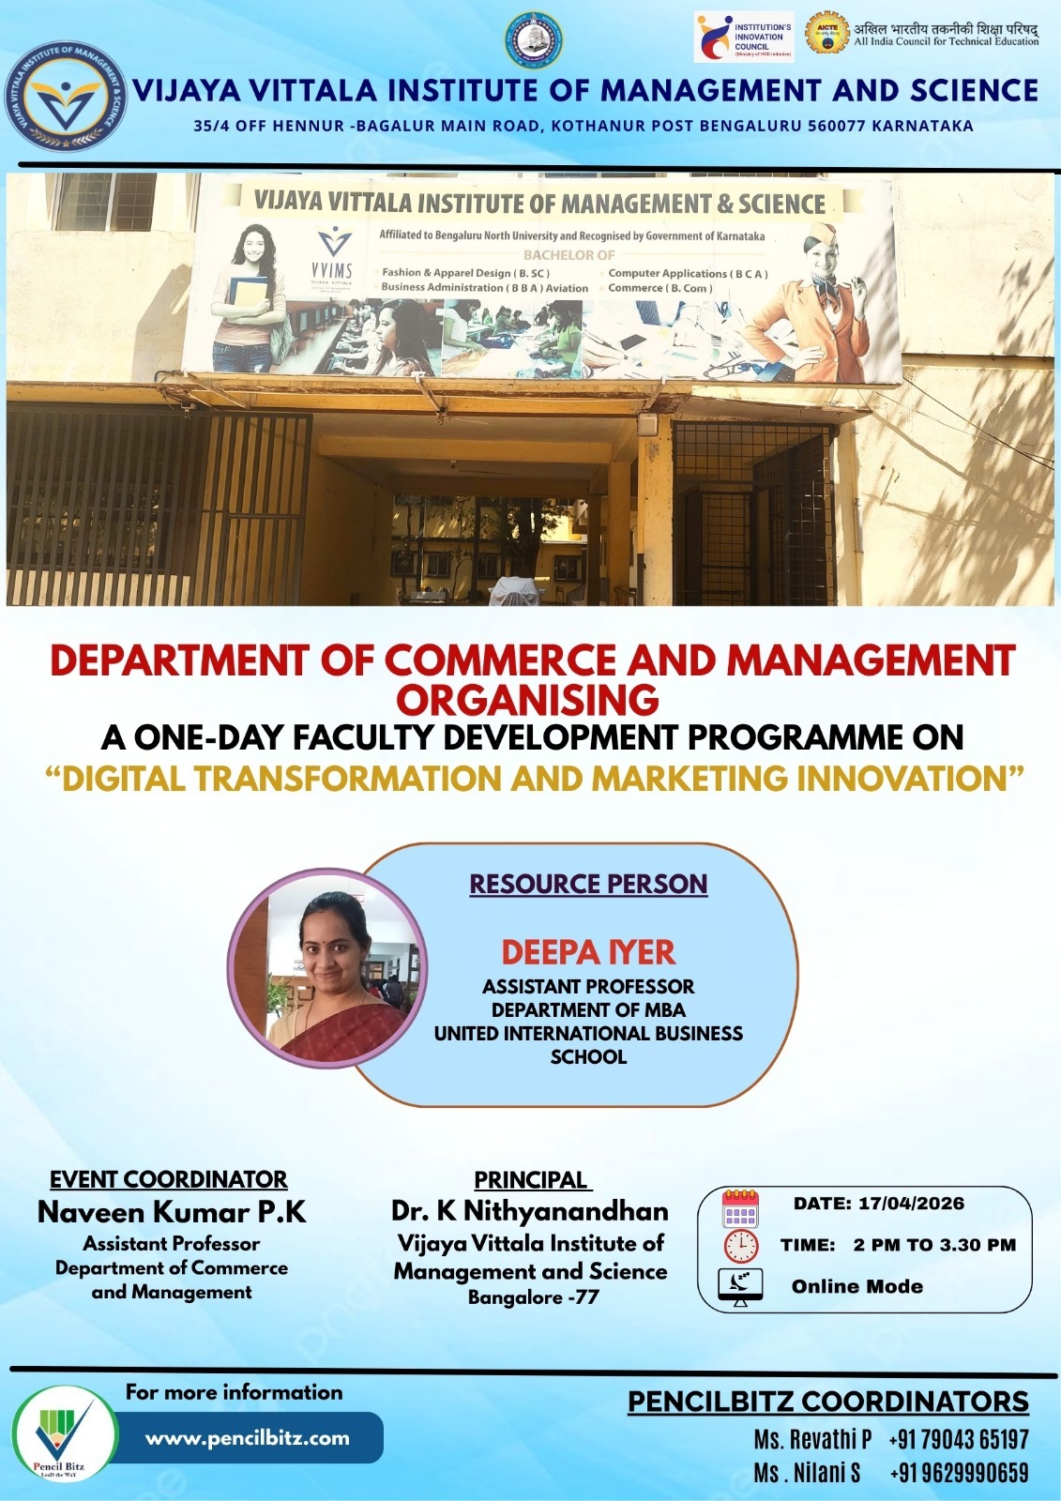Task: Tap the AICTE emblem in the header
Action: click(x=826, y=33)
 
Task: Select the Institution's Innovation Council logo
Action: click(x=744, y=37)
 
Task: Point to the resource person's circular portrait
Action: click(x=327, y=967)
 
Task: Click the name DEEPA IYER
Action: click(x=588, y=952)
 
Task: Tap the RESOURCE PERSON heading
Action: click(x=588, y=884)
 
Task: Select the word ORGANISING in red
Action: click(x=528, y=700)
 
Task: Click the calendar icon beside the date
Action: click(x=740, y=1208)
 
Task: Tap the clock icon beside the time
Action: click(x=740, y=1246)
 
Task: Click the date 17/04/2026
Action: click(x=910, y=1204)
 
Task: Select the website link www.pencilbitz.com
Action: click(x=248, y=1437)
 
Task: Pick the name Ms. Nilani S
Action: click(x=808, y=1473)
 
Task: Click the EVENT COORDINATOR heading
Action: click(x=169, y=1179)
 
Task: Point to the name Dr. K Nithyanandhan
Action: click(x=530, y=1211)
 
